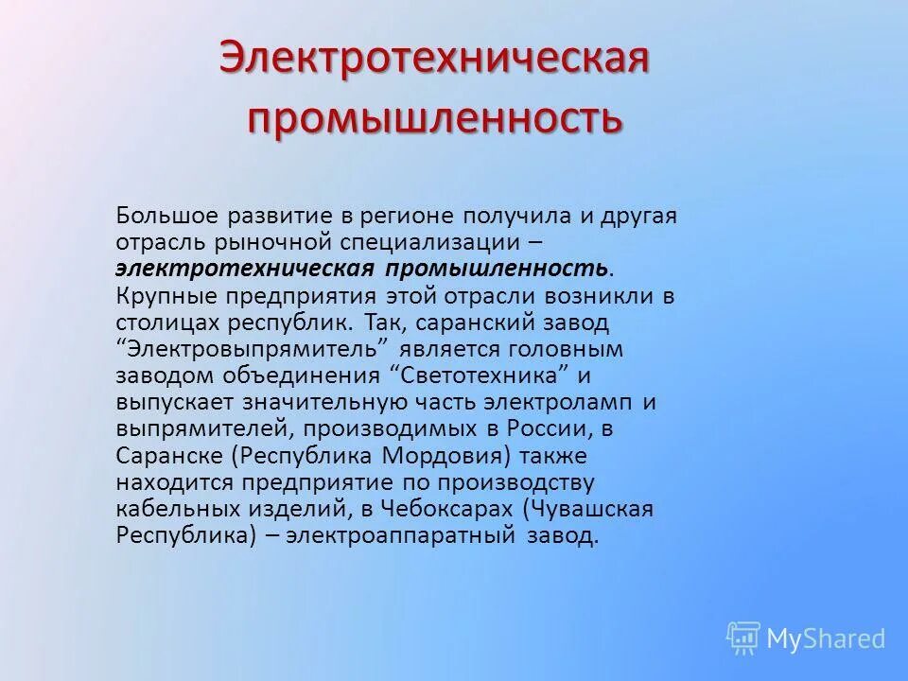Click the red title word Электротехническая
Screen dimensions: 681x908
[434, 59]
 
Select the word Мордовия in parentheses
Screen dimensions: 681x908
[445, 455]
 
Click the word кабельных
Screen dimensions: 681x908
[180, 509]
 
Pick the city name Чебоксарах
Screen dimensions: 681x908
[445, 509]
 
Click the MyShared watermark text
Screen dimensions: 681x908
[825, 638]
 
